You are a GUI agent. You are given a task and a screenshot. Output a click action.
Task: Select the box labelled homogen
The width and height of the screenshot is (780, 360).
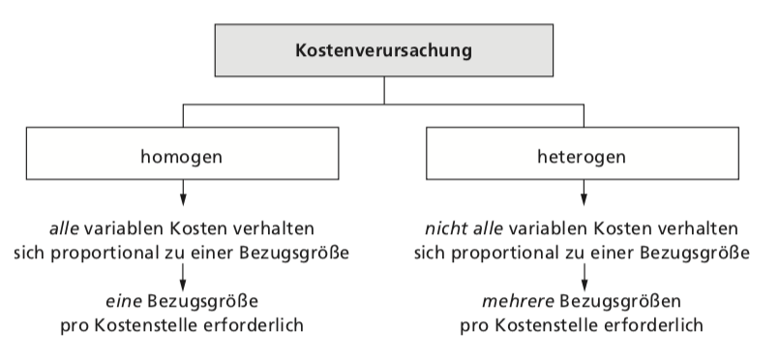(182, 154)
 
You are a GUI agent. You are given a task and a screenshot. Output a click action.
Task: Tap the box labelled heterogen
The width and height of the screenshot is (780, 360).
(584, 154)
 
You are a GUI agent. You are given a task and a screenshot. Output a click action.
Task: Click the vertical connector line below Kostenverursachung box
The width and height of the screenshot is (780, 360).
(384, 91)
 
